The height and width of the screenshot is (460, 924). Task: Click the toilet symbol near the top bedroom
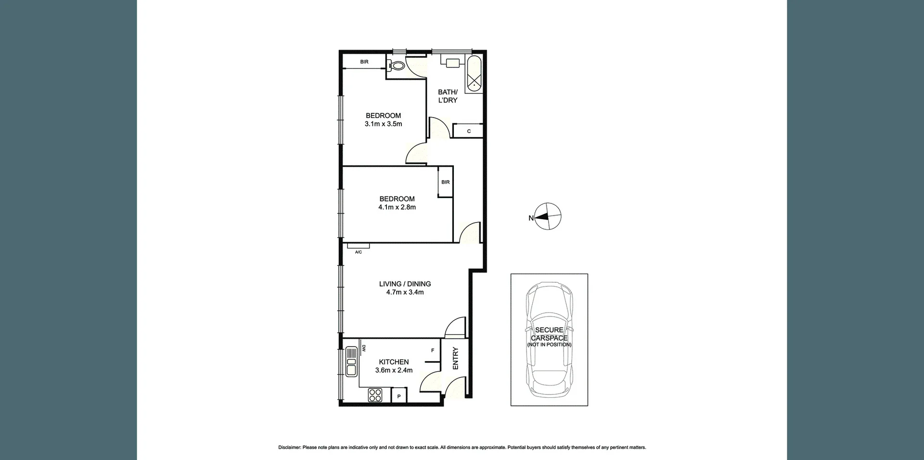[397, 66]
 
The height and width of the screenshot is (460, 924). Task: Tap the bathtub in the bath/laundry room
[474, 74]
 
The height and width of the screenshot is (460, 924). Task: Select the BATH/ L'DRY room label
[448, 96]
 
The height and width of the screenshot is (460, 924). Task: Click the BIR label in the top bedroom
[364, 62]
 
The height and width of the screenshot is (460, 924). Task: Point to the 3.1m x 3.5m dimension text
[383, 124]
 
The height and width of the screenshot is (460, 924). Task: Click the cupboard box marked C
[468, 131]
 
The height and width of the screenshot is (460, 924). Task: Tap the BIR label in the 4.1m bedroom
[446, 182]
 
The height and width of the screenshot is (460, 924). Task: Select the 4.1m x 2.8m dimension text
[397, 207]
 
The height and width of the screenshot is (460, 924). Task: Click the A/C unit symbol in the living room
[358, 246]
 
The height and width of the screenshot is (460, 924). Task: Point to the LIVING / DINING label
[405, 284]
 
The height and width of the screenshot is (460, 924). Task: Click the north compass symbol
[548, 217]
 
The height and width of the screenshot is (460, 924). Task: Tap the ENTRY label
[455, 358]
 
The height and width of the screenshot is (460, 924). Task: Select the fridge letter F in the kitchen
[433, 351]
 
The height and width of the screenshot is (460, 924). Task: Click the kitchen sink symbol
[351, 361]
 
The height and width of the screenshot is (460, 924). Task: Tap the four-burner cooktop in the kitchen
[375, 395]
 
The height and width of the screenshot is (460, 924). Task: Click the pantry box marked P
[399, 396]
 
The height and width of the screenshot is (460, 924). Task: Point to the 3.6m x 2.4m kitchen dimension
[394, 370]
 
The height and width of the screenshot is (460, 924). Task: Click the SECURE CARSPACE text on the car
[549, 334]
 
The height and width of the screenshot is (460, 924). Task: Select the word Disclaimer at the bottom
[290, 447]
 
